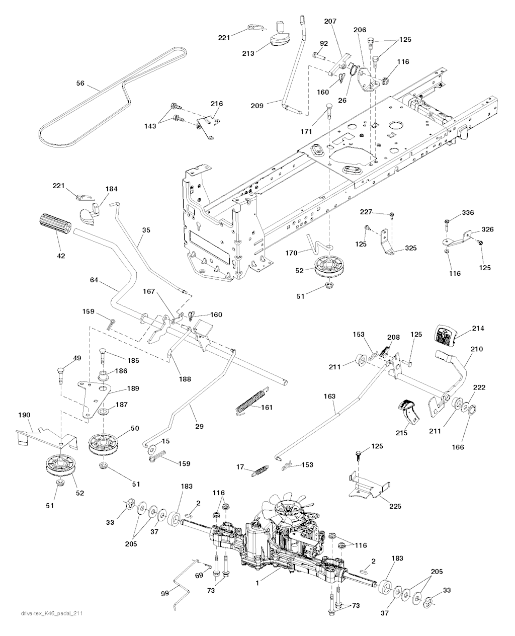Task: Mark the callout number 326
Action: tap(487, 229)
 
